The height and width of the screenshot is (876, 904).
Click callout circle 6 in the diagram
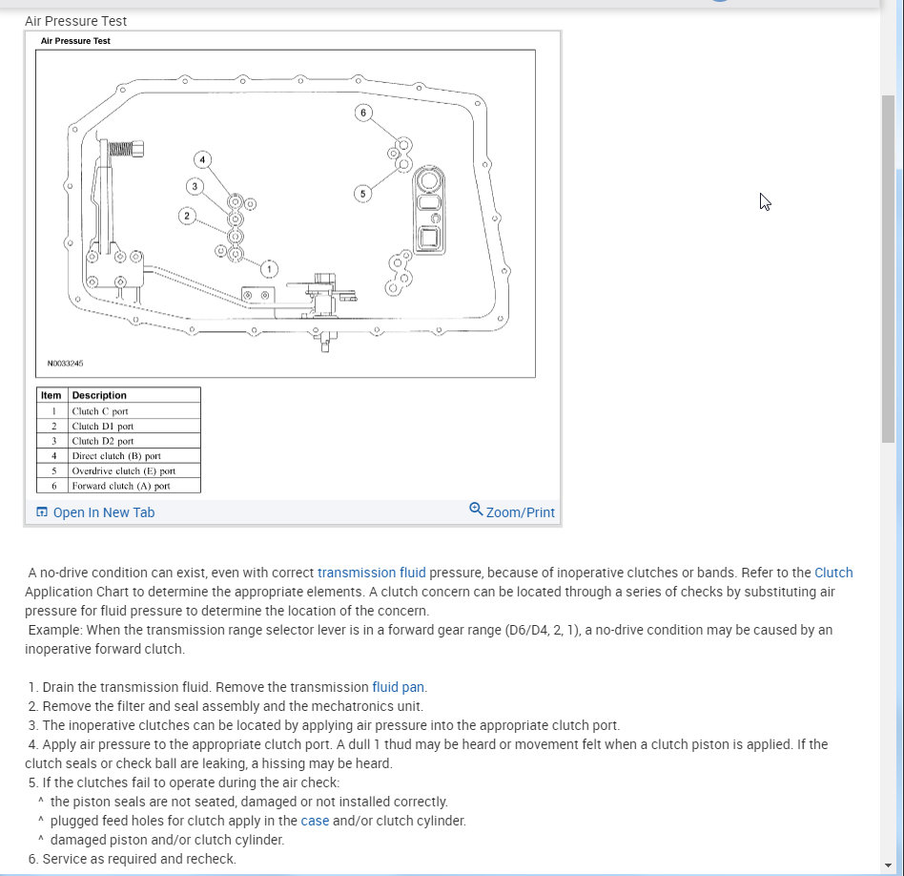coord(362,113)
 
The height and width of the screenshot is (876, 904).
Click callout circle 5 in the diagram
coord(361,194)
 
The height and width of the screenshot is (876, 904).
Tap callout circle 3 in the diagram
coord(195,186)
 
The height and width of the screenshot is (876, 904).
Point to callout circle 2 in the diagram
coord(187,216)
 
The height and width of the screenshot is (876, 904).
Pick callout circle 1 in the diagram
coord(269,268)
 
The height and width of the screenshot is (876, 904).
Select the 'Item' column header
coord(51,395)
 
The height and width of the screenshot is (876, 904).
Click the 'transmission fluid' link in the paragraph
coord(371,573)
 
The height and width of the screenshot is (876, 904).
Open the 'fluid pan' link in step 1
coord(399,687)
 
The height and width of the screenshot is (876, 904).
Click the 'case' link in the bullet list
coord(315,821)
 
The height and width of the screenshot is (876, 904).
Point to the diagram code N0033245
coord(66,364)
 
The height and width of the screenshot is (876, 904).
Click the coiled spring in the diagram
coord(121,148)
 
